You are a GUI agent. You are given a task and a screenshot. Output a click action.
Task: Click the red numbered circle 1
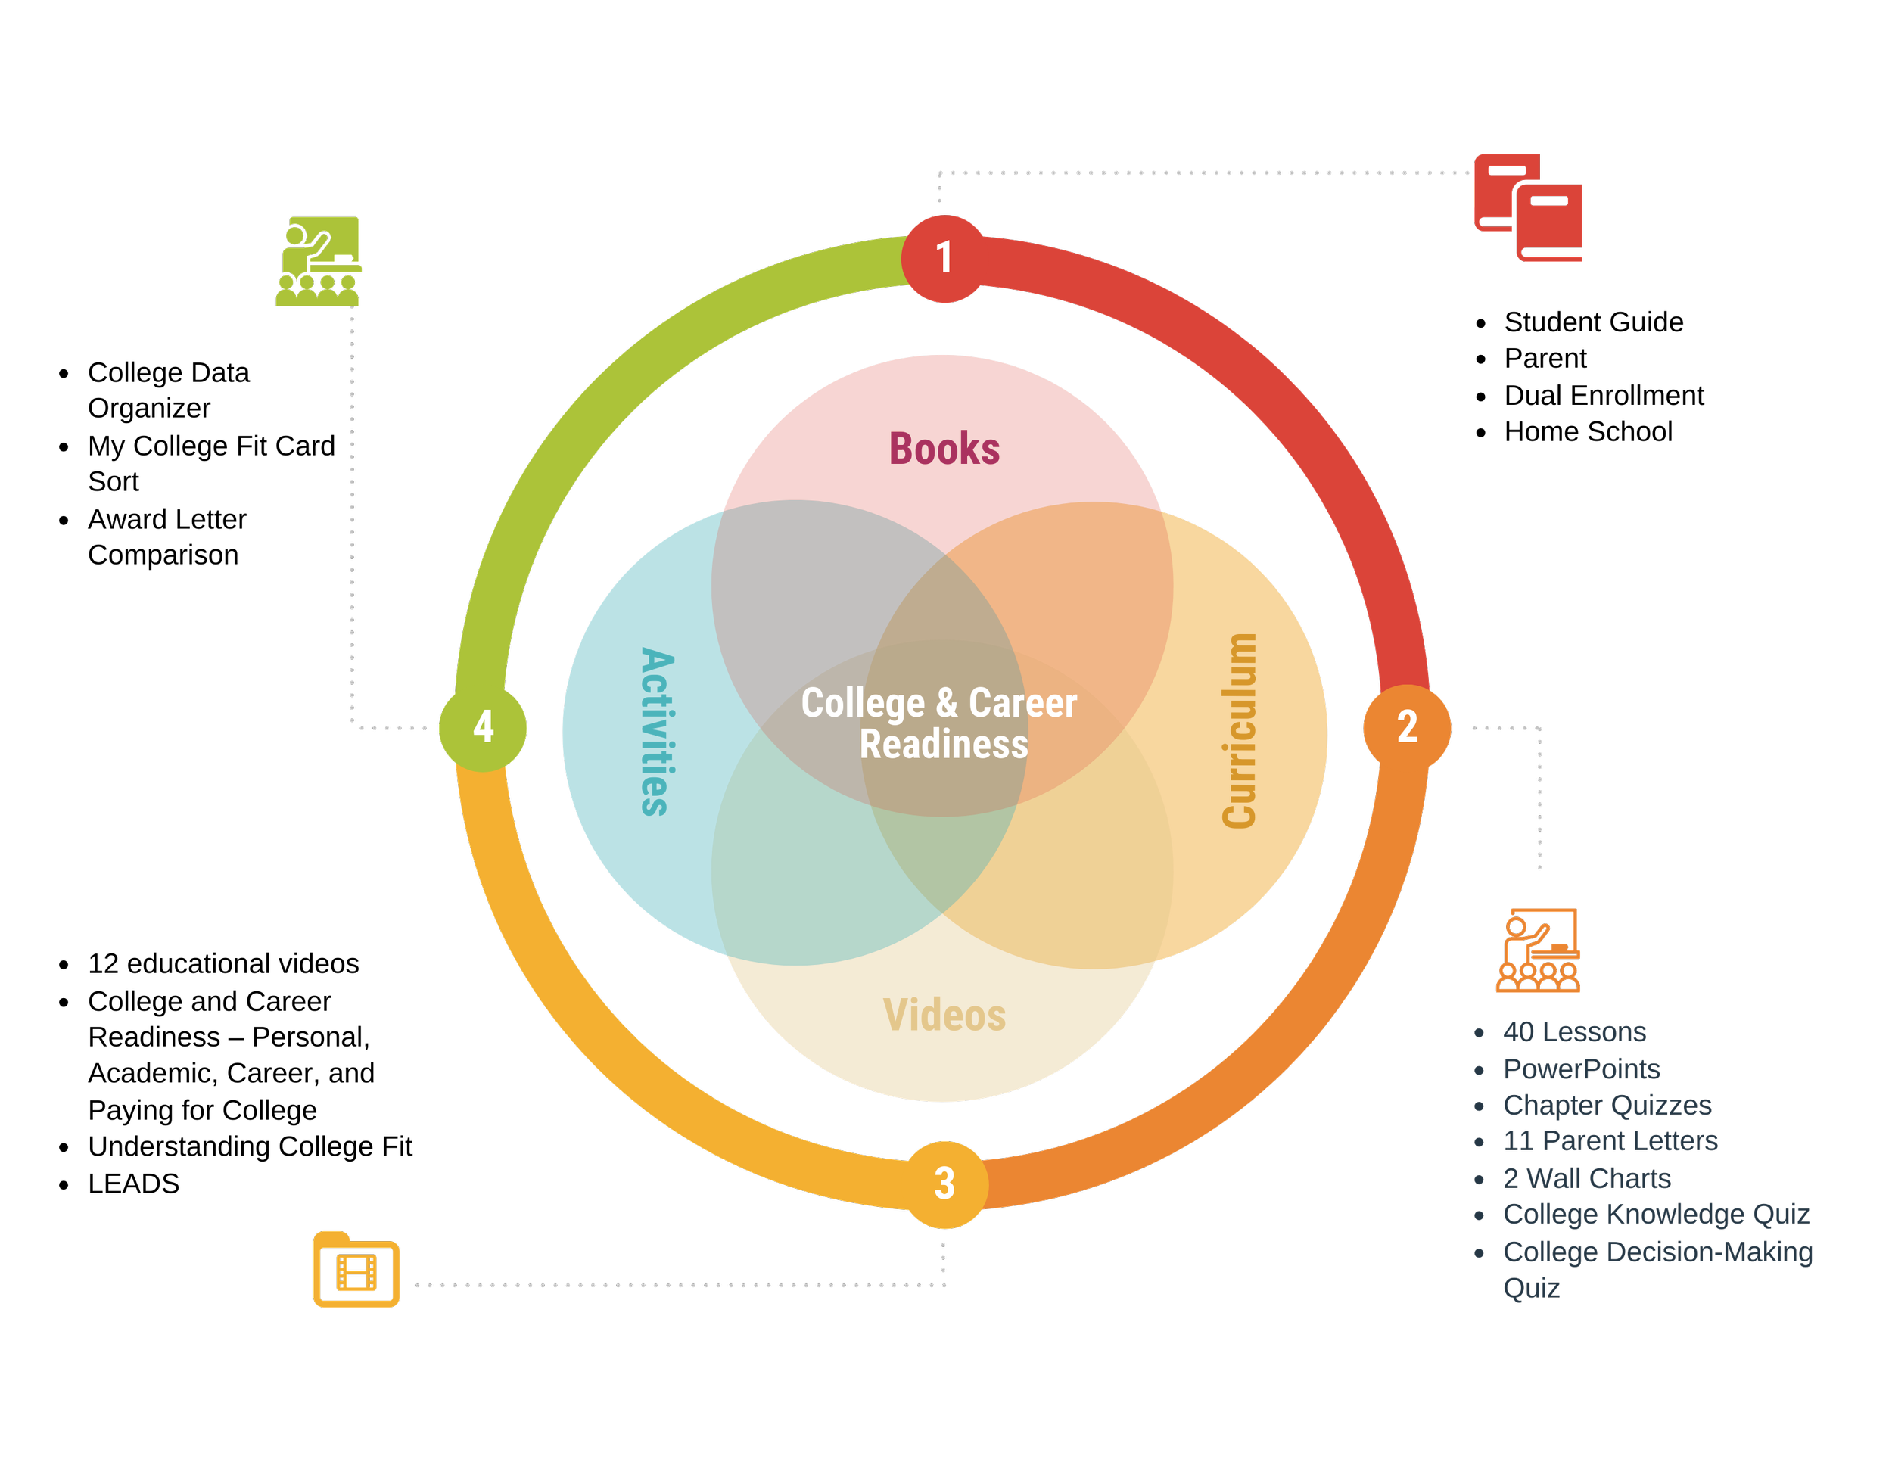(x=944, y=258)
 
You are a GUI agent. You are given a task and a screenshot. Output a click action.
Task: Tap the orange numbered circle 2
(x=1407, y=726)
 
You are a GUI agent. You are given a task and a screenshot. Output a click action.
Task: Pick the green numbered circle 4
(x=483, y=726)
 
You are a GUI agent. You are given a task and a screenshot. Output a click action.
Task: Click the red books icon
(x=1528, y=208)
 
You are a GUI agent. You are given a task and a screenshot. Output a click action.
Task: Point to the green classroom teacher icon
(x=318, y=262)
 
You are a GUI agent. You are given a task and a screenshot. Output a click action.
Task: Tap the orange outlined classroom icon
(x=1539, y=950)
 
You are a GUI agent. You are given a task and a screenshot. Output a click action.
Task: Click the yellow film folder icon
(x=356, y=1269)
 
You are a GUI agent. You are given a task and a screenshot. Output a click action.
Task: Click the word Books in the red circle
(x=944, y=449)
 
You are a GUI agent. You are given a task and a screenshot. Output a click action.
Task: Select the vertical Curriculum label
(x=1239, y=730)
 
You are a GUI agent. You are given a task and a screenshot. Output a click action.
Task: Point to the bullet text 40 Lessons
(x=1574, y=1031)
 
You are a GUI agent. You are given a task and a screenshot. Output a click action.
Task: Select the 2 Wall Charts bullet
(x=1586, y=1178)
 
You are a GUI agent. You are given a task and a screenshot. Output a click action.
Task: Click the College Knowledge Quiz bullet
(x=1656, y=1215)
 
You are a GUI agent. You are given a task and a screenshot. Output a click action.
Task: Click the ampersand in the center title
(x=946, y=702)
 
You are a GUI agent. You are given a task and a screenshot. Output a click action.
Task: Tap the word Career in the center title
(x=1023, y=702)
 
